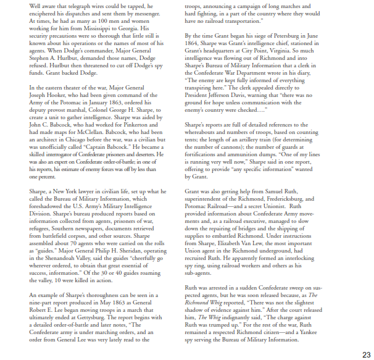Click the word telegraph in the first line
(70, 6)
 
